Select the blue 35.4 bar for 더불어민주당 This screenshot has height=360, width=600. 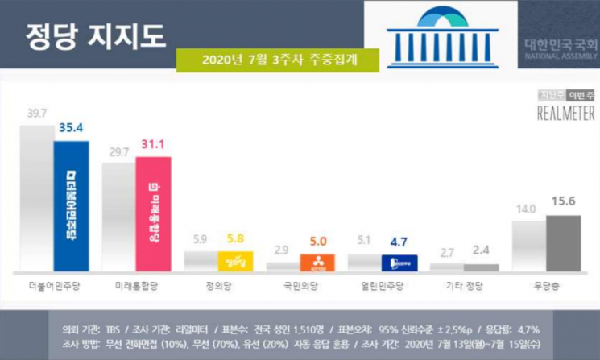click(71, 205)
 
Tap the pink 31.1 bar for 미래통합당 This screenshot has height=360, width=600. click(153, 213)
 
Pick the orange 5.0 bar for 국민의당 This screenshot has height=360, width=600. click(317, 262)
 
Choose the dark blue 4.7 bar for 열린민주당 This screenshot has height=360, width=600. click(399, 263)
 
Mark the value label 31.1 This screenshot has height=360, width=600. click(152, 146)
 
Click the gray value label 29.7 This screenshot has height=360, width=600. click(118, 151)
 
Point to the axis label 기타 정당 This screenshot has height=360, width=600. click(465, 285)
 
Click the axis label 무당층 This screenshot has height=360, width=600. click(547, 285)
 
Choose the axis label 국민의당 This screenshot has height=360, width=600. click(300, 285)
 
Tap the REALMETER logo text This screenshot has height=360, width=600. click(565, 114)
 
